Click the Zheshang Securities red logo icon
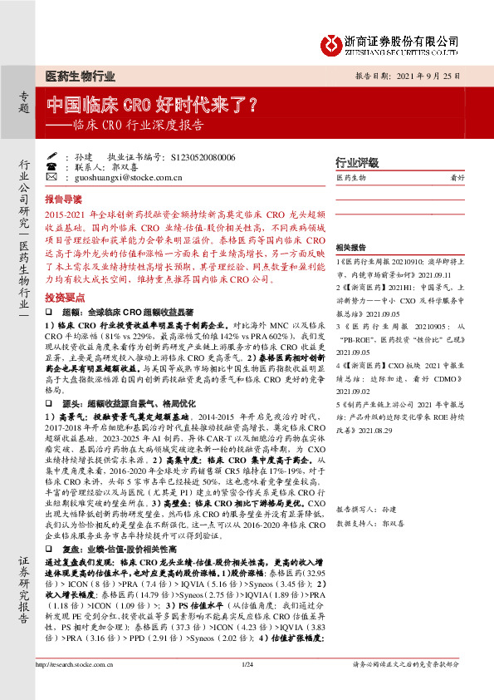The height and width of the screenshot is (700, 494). (x=331, y=40)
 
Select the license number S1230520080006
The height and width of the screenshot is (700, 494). (x=203, y=156)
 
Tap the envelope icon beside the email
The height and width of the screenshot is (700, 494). (x=51, y=178)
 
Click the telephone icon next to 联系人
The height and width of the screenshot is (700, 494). (x=51, y=167)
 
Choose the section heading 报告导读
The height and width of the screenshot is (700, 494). (x=63, y=200)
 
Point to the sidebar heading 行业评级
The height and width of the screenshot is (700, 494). (x=356, y=161)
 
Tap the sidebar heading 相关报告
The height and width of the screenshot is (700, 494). (x=352, y=248)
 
